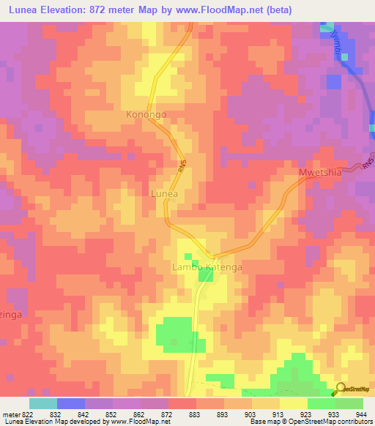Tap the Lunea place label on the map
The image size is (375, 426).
pos(164,193)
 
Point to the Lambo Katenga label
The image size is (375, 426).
pos(207,268)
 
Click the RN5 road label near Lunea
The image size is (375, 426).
pos(181,167)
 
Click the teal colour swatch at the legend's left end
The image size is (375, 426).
pos(42,403)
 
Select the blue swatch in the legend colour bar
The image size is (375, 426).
pos(71,403)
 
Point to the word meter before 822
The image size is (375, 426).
pos(12,414)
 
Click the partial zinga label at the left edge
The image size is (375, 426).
pos(7,313)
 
